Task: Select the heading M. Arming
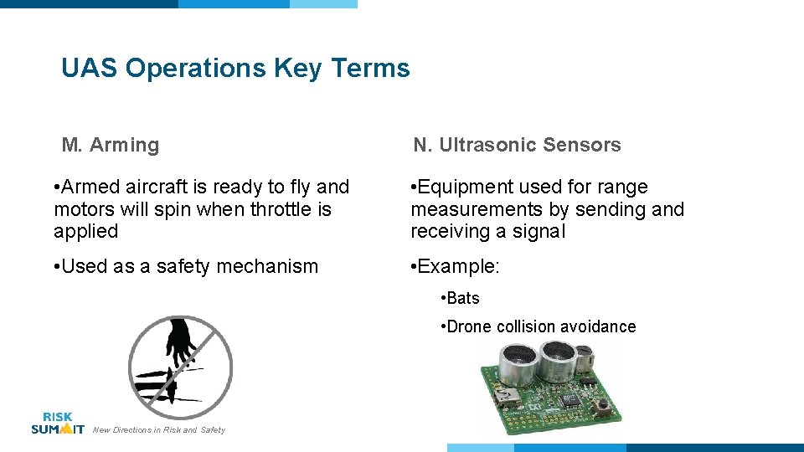coord(110,145)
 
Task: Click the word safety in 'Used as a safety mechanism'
coord(183,266)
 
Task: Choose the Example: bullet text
coord(457,266)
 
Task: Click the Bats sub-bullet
coord(463,298)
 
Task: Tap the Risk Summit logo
coord(57,423)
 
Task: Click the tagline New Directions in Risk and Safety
coord(159,430)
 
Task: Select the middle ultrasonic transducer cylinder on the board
coord(557,358)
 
